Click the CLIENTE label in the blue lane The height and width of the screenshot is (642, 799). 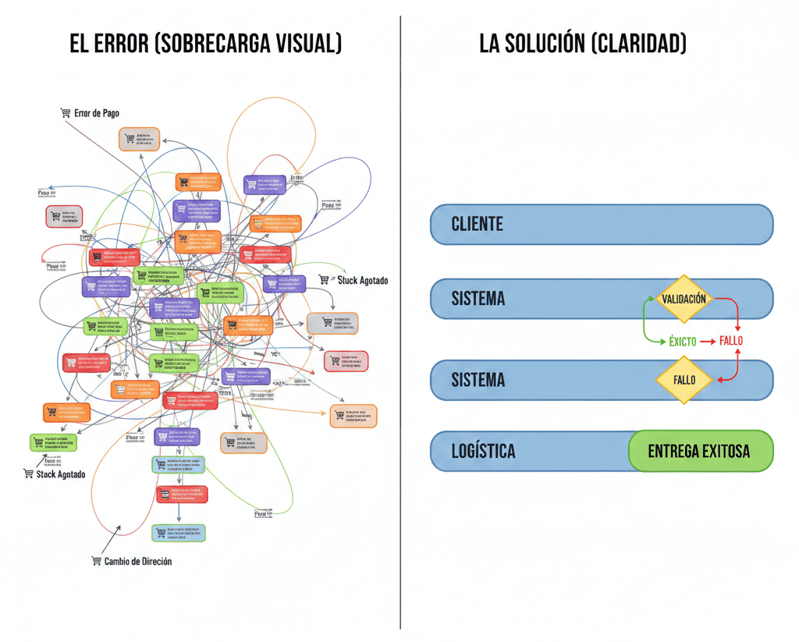477,225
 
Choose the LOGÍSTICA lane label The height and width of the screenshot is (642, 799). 483,452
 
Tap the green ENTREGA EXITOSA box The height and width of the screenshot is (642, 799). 699,452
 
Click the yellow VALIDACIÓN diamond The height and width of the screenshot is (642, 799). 684,299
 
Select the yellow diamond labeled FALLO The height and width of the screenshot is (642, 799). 684,381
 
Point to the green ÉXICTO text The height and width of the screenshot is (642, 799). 683,341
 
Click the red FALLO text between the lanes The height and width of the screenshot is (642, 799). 731,341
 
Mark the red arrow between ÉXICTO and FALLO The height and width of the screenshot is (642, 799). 708,341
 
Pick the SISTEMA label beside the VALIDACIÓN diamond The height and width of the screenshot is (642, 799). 478,299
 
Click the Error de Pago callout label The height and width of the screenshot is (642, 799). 97,113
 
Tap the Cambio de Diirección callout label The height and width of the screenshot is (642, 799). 138,561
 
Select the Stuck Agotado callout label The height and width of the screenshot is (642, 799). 362,280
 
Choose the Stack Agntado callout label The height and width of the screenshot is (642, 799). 61,474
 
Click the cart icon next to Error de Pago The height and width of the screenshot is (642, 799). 66,113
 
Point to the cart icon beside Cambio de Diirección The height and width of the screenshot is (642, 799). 96,561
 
